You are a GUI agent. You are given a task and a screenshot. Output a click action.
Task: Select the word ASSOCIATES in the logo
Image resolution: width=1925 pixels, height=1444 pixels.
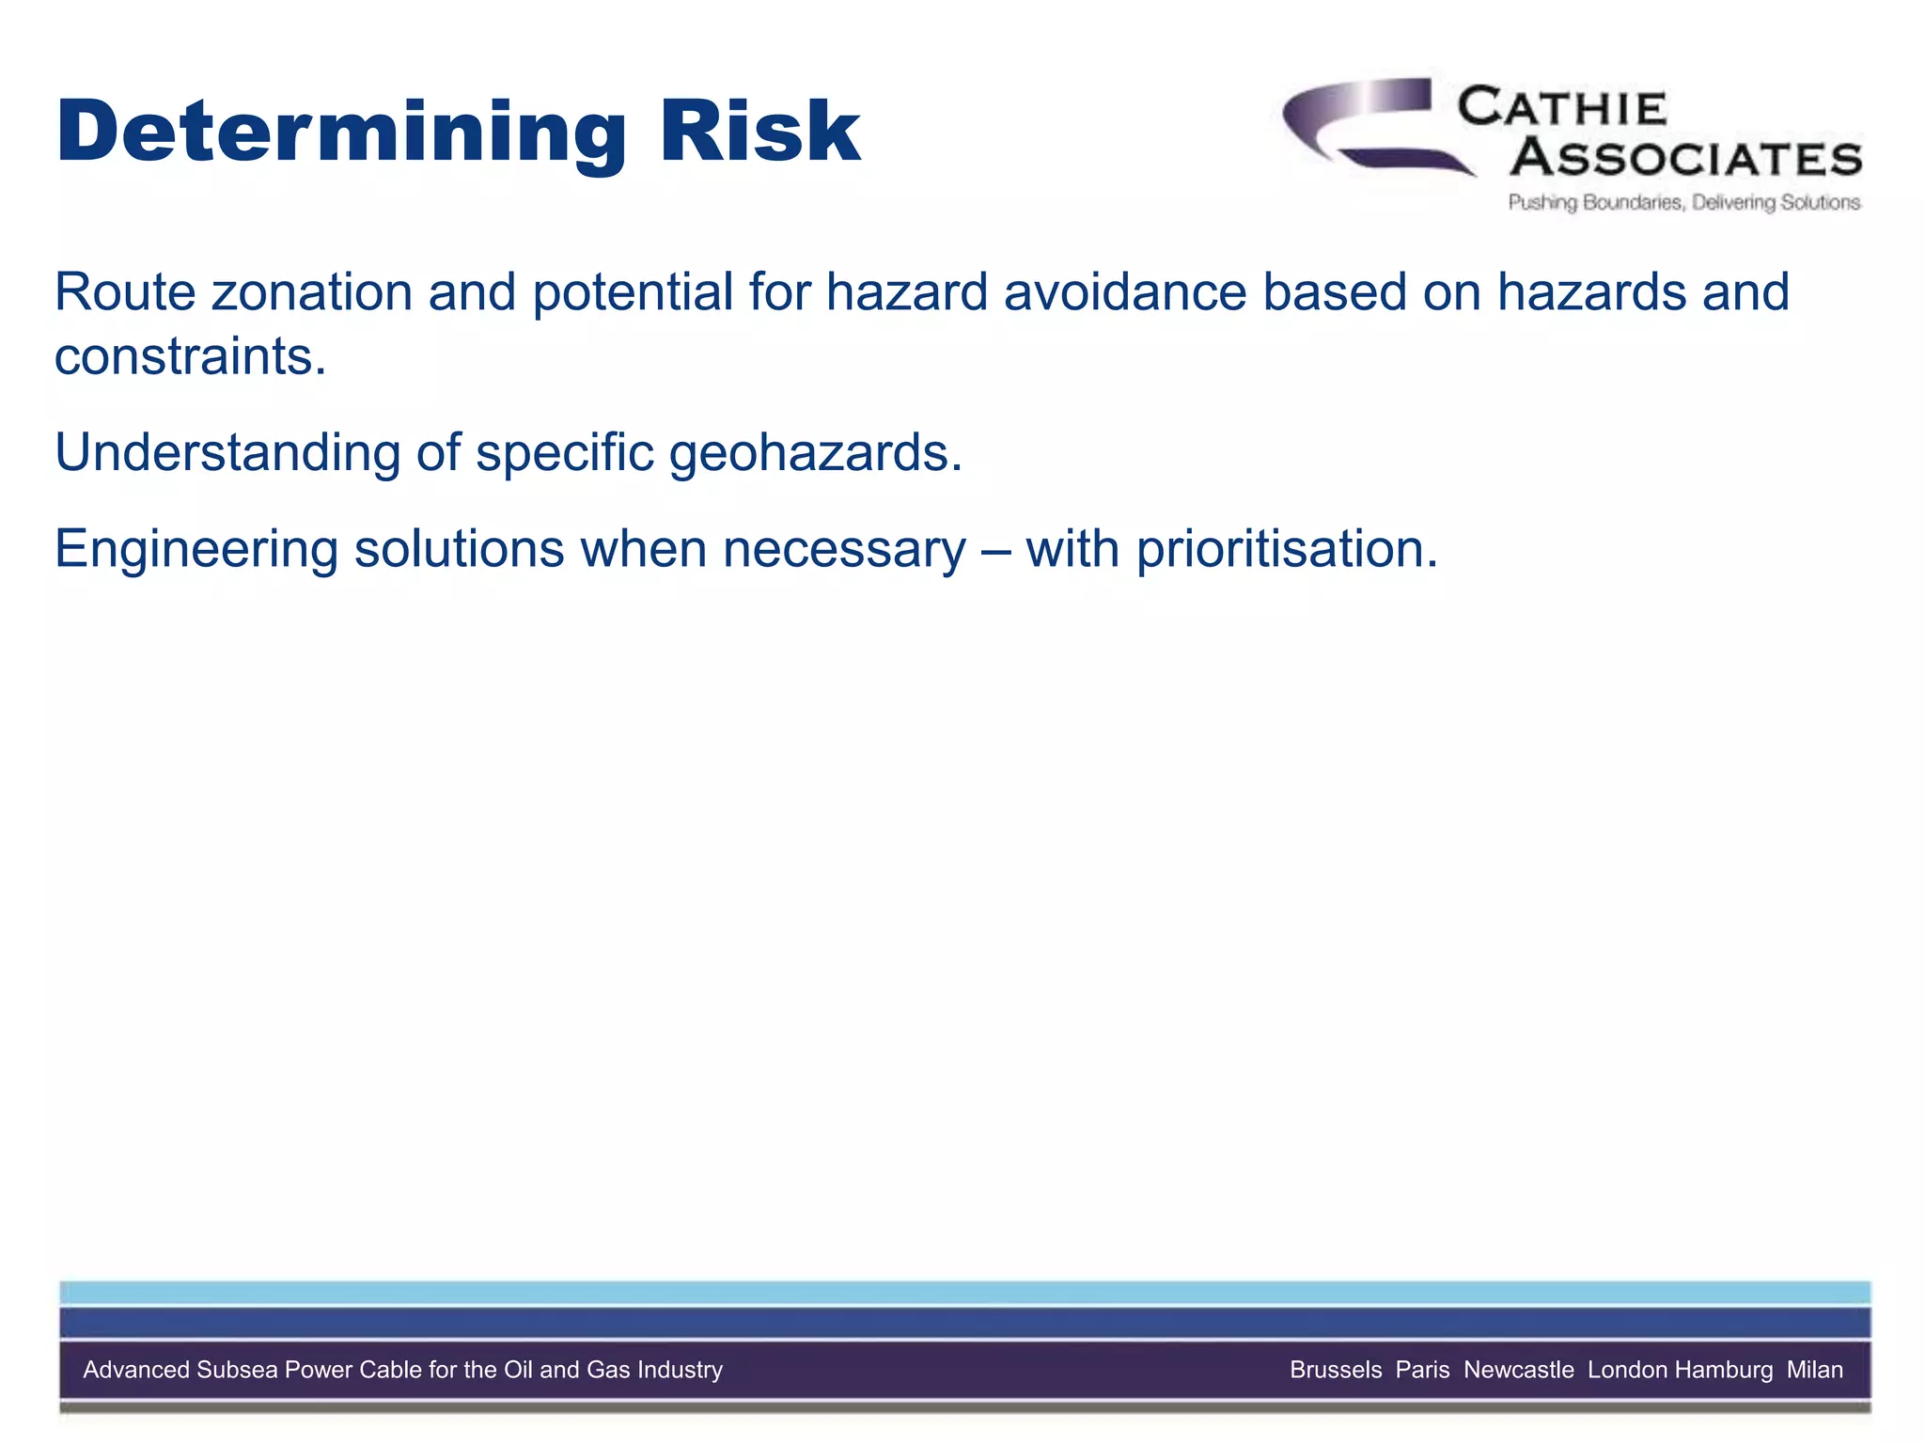click(x=1686, y=157)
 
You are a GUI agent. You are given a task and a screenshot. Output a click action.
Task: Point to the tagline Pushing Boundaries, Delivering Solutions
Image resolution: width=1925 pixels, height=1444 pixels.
click(x=1683, y=202)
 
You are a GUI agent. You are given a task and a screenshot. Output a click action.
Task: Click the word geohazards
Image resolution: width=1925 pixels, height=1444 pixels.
click(x=815, y=453)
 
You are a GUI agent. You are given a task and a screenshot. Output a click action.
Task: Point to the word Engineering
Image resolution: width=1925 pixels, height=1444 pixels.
click(x=196, y=549)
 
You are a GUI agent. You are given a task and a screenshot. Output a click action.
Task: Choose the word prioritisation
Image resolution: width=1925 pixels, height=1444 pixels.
click(x=1287, y=549)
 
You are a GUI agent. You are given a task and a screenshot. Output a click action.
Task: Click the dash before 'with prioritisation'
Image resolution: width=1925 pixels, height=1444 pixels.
click(x=994, y=551)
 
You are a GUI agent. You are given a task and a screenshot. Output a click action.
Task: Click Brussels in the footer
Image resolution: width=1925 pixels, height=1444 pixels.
click(x=1336, y=1370)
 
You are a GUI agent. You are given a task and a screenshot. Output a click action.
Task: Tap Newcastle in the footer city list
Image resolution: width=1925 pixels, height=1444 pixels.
click(x=1518, y=1370)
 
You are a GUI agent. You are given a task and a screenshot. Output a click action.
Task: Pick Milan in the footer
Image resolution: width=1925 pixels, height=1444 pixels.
click(x=1814, y=1370)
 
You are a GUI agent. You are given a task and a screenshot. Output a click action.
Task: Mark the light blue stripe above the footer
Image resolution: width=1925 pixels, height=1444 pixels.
click(x=964, y=1293)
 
